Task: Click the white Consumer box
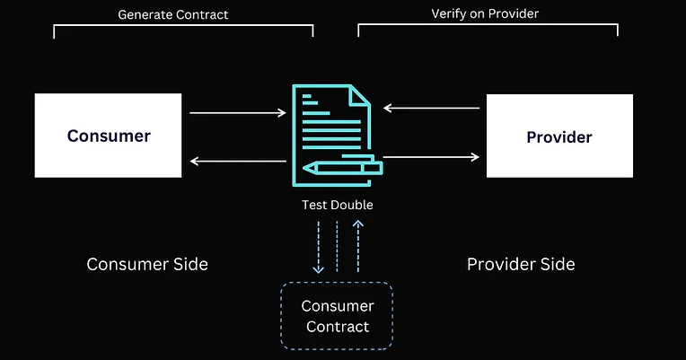pos(108,136)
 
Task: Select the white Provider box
pos(558,136)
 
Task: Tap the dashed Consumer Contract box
pos(337,316)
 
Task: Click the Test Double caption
pos(337,205)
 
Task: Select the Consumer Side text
pos(147,264)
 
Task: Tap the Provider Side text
pos(521,264)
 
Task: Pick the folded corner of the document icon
pos(359,93)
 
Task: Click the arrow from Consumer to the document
pos(238,113)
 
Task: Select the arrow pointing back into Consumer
pos(238,162)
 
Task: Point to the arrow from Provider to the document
pos(432,108)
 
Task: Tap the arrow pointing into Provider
pos(432,157)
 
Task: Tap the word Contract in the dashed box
pos(338,326)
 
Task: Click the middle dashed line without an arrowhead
pos(338,247)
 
